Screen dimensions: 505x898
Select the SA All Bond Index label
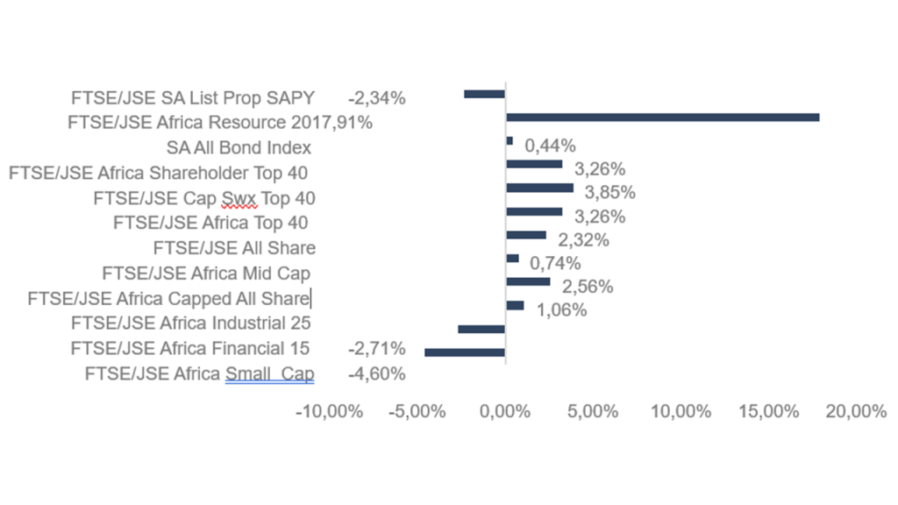(x=239, y=147)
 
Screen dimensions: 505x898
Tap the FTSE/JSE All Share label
(x=234, y=248)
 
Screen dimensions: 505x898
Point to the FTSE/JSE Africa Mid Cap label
(x=206, y=274)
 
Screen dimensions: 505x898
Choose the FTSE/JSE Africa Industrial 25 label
(x=191, y=324)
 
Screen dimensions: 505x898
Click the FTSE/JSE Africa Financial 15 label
(x=189, y=349)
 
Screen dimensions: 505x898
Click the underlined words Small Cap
(x=269, y=375)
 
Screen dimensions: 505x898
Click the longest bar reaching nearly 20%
(x=662, y=117)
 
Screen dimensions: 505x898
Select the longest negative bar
(x=465, y=352)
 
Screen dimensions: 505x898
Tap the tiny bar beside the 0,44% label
(x=510, y=140)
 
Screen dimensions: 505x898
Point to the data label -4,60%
(x=376, y=375)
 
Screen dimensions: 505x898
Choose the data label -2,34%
(x=376, y=98)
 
